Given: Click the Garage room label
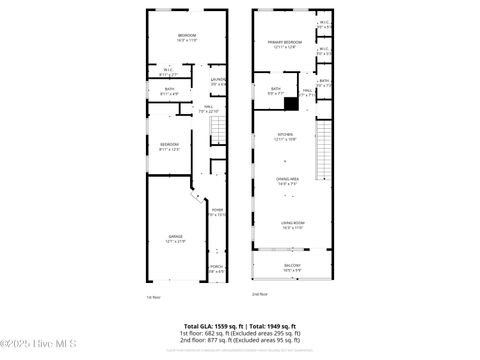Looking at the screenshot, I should (x=176, y=238).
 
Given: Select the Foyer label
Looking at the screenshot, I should (x=216, y=211).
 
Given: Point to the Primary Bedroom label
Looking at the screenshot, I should (x=286, y=44).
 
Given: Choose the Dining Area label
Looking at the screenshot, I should (x=286, y=180).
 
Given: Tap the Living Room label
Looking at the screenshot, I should (x=292, y=225).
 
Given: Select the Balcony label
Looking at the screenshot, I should (x=292, y=267).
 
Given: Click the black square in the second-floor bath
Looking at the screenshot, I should (x=291, y=102).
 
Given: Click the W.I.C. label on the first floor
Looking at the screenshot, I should (x=168, y=71).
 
